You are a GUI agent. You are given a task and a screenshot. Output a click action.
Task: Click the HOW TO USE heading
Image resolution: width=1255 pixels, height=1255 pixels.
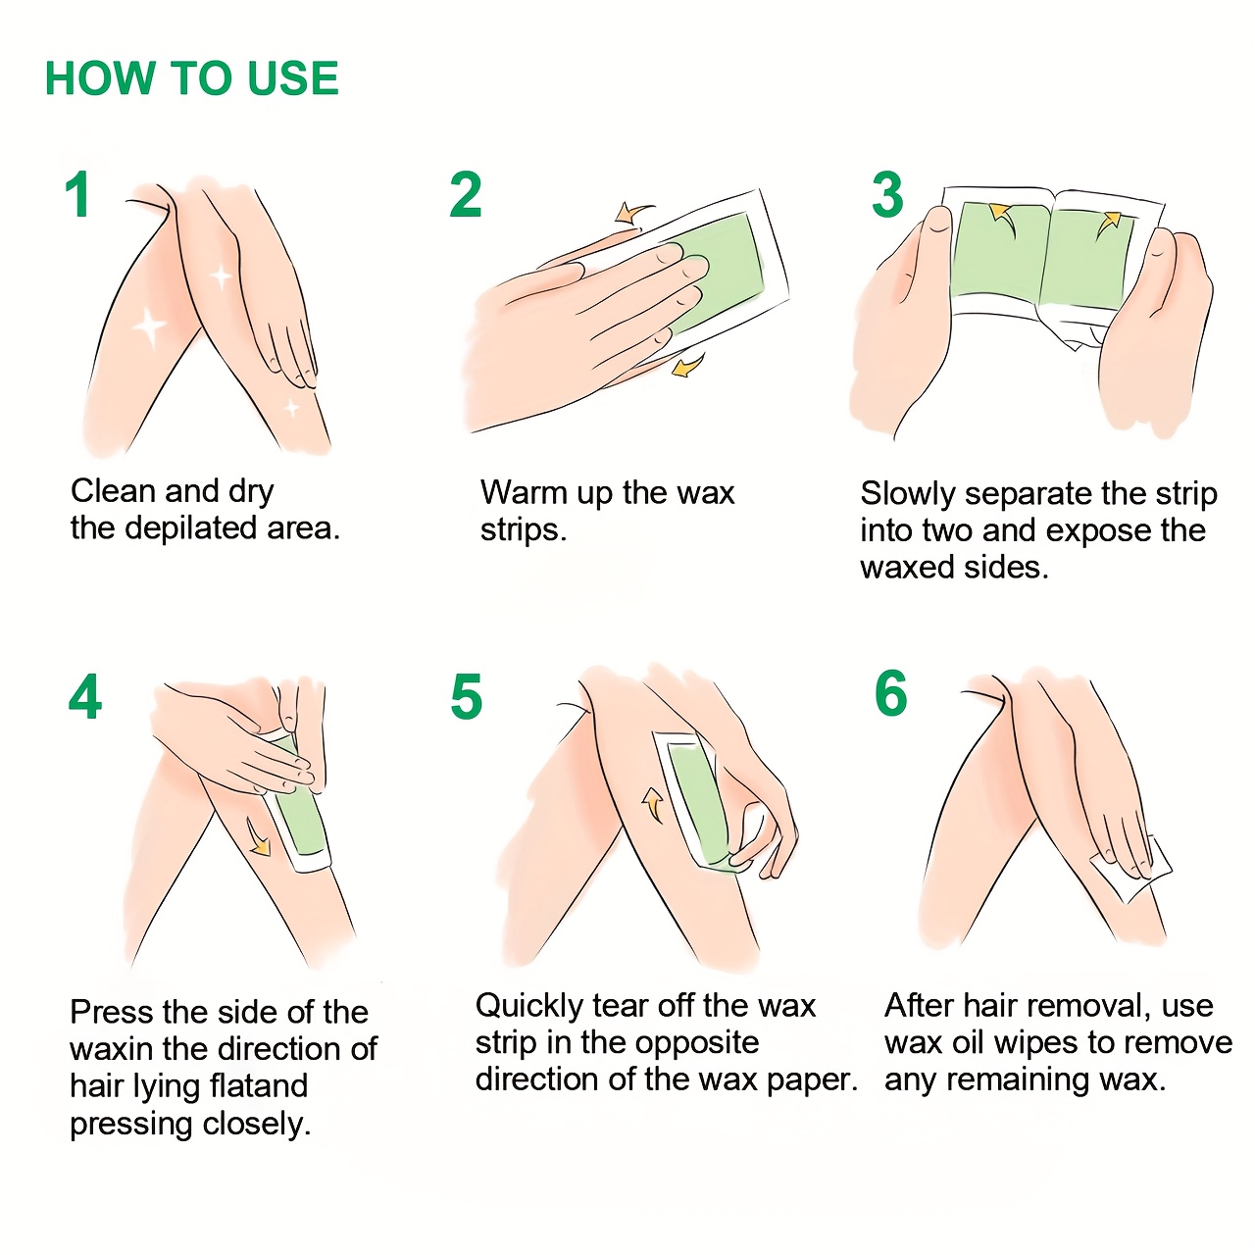click(192, 78)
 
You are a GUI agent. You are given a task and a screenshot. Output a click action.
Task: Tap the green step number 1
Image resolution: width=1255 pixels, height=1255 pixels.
click(78, 195)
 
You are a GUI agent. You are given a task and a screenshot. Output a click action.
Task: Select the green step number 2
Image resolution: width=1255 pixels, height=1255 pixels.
click(466, 195)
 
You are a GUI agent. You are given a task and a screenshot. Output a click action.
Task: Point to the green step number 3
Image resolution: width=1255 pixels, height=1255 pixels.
click(887, 195)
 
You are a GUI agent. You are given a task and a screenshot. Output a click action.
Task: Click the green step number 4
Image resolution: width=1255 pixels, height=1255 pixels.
click(85, 697)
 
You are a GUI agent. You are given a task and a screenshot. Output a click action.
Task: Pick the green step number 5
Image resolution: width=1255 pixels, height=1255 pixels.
click(467, 697)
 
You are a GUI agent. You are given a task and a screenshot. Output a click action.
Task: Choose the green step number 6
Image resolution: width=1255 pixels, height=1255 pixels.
click(891, 694)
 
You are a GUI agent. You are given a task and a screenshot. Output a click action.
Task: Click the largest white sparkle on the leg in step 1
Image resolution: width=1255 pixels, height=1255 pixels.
click(150, 326)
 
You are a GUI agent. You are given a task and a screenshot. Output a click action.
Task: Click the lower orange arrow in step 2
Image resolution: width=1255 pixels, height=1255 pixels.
click(688, 367)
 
